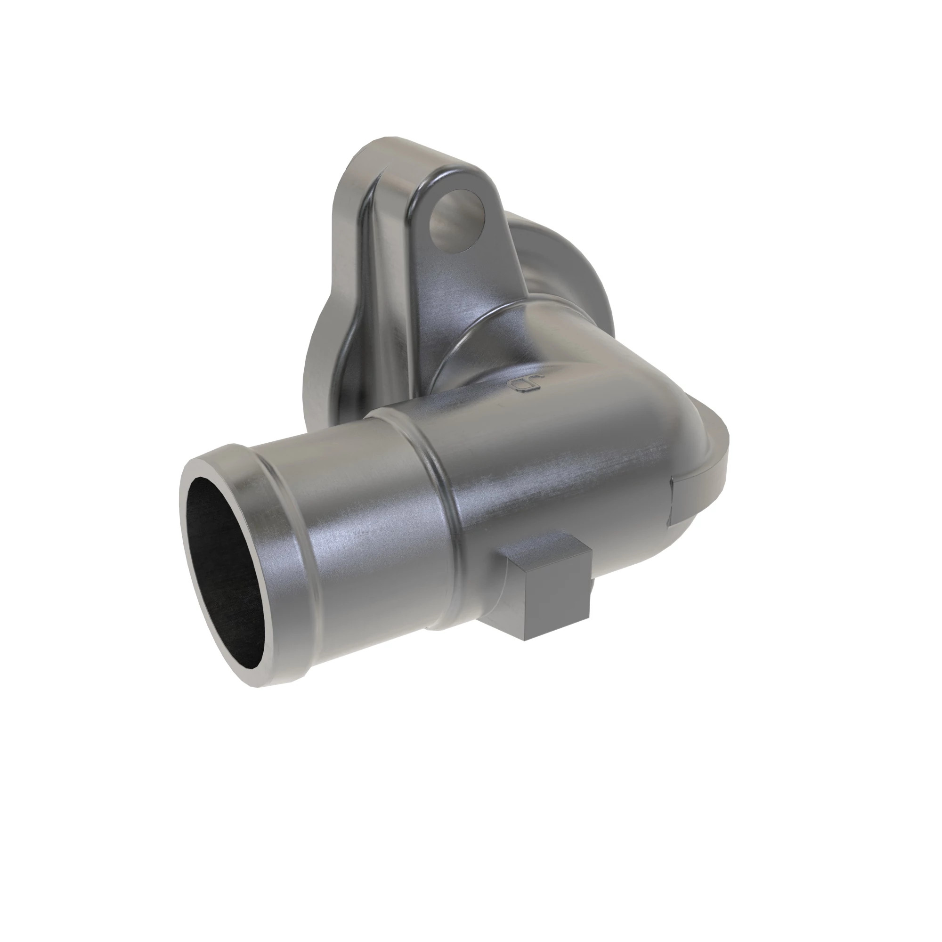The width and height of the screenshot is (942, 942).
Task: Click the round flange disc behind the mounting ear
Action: (576, 263)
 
